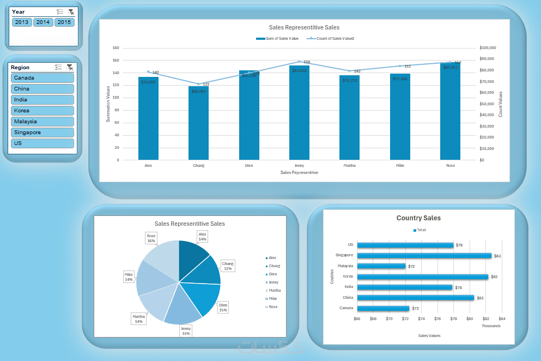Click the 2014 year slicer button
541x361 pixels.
point(43,22)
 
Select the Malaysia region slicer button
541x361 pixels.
point(42,122)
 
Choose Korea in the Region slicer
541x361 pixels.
point(42,111)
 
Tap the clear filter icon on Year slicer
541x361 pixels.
point(70,11)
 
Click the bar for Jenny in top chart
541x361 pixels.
point(299,115)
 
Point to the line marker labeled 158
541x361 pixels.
point(299,62)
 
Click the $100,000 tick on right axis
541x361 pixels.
point(487,48)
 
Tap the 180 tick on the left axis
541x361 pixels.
point(116,48)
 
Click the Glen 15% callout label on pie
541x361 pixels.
point(223,307)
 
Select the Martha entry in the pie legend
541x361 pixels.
point(275,290)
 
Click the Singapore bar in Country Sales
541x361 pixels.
point(424,255)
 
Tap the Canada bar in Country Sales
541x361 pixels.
point(383,308)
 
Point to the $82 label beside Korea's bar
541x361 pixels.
point(494,276)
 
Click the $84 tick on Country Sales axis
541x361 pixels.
point(501,318)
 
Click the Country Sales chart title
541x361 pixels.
point(418,218)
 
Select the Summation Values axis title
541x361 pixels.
point(108,103)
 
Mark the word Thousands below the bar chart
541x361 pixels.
point(490,326)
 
